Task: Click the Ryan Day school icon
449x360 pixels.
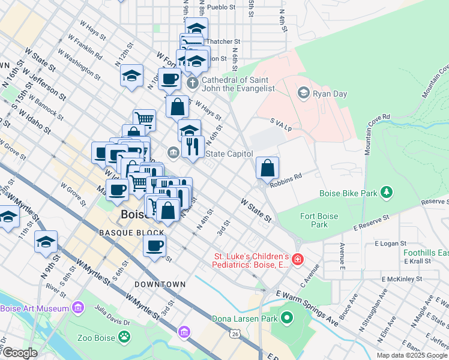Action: [303, 92]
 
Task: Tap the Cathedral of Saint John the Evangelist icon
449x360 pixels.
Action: [192, 82]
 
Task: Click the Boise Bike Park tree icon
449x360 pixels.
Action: [388, 192]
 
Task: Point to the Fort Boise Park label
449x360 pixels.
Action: [316, 220]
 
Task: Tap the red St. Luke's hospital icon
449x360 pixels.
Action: [298, 260]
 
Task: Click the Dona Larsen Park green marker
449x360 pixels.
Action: [287, 317]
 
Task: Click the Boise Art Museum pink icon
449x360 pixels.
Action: [77, 308]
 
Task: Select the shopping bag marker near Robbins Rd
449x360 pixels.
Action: [267, 169]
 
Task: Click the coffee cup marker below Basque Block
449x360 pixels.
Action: [155, 245]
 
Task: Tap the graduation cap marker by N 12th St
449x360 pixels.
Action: [131, 76]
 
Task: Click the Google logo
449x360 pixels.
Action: [19, 353]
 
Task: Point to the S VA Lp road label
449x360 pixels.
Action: [280, 124]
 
